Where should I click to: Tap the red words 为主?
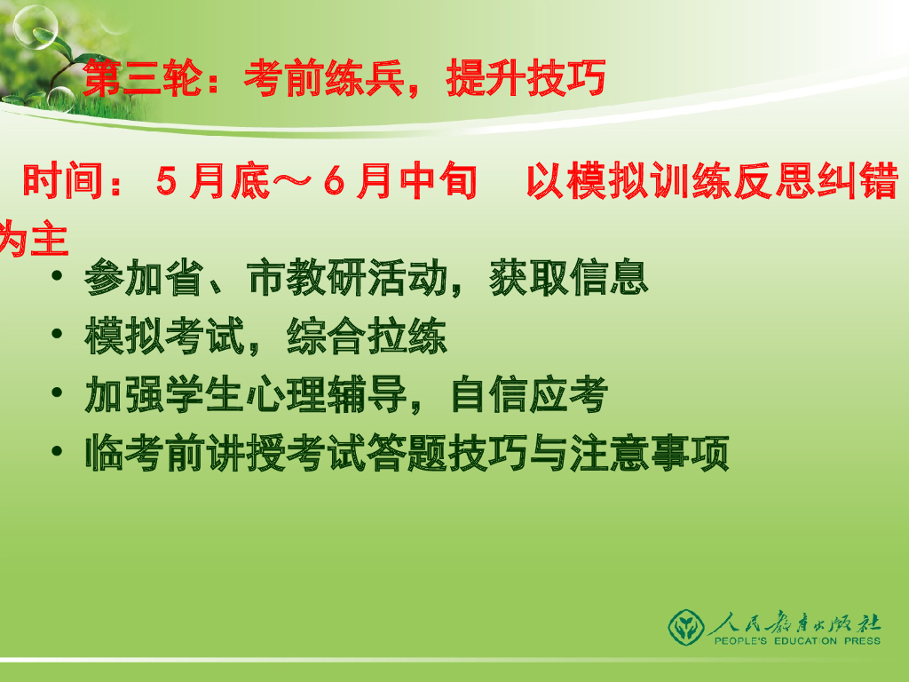click(34, 239)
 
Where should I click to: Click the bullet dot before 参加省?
click(58, 277)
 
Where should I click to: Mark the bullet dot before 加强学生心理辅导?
click(58, 393)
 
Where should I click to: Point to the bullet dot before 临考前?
click(58, 452)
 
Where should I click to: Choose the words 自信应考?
click(529, 395)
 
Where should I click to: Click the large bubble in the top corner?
click(36, 27)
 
